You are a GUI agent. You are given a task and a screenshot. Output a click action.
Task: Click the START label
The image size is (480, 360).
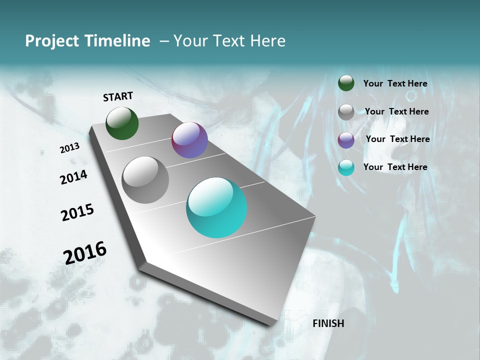click(x=118, y=96)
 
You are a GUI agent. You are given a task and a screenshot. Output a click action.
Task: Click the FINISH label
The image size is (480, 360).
click(x=328, y=323)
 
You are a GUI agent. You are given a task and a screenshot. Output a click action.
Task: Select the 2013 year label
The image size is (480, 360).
click(x=69, y=148)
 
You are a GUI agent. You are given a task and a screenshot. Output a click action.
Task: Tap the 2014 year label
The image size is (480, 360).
click(x=73, y=177)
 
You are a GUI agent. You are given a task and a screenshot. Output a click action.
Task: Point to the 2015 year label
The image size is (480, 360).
click(x=77, y=212)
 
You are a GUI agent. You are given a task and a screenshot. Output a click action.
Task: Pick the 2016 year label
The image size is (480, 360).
click(x=85, y=252)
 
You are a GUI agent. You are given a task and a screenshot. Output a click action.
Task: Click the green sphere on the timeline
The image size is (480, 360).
click(x=122, y=123)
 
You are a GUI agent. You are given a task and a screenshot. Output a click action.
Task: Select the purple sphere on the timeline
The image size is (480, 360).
click(x=189, y=140)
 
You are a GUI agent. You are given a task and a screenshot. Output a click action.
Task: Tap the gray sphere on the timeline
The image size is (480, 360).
click(x=145, y=180)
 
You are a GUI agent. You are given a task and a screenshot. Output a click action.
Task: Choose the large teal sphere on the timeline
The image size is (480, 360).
click(x=216, y=207)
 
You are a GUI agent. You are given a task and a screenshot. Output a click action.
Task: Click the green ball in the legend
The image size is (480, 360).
click(x=346, y=83)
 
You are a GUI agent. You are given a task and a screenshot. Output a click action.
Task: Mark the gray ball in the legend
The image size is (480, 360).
click(x=346, y=112)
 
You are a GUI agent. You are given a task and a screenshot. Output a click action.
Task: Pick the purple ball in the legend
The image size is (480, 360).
click(x=346, y=140)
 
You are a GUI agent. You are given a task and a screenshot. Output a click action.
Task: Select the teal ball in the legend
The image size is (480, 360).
click(x=346, y=167)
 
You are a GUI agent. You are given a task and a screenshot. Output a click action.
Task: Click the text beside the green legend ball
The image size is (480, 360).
click(x=395, y=83)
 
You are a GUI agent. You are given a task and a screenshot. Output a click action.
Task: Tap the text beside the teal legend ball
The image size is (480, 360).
click(x=395, y=167)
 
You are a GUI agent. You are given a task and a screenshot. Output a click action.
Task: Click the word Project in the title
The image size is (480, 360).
click(x=53, y=41)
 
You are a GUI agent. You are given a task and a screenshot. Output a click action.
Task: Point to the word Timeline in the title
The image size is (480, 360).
click(x=118, y=41)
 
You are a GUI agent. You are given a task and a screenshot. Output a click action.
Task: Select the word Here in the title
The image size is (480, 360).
click(x=267, y=41)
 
